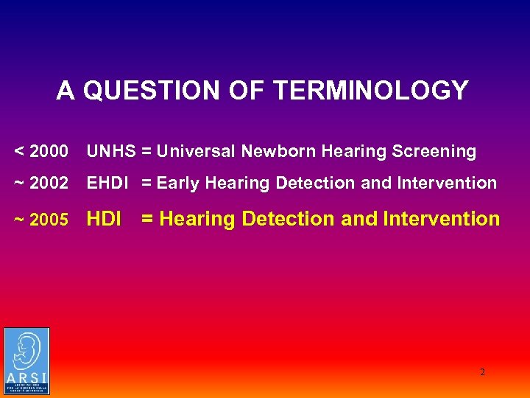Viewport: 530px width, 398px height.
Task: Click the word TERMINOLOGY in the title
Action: (370, 91)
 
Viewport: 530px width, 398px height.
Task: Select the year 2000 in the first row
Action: (50, 152)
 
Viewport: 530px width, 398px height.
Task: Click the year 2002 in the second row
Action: (50, 183)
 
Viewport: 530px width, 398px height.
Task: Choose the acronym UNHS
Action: (111, 152)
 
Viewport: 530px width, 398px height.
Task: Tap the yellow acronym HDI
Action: (104, 219)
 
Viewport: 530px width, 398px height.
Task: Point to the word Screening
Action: (434, 152)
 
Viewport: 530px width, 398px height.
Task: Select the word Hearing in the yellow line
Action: (198, 219)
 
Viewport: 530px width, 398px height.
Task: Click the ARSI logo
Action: (26, 361)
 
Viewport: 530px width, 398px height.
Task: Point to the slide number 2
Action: (483, 372)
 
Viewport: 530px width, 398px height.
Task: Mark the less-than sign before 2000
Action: (20, 152)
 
